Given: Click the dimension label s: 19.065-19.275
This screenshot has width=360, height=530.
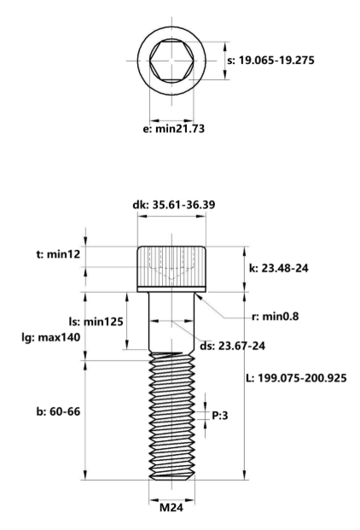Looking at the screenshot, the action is coord(270,61).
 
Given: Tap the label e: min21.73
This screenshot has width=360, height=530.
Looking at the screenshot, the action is coord(173,129).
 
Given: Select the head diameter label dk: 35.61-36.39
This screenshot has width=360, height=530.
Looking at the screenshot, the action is coord(173,205).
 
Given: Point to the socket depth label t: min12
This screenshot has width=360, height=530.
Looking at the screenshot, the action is coord(58,253).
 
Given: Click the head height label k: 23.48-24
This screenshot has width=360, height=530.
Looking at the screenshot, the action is coord(279,268).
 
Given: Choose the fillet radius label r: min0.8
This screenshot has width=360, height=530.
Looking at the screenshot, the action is coord(276,317).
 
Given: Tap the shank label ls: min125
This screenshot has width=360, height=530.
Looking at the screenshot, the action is coord(96,322).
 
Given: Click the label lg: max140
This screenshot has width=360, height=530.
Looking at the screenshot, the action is coord(51,337).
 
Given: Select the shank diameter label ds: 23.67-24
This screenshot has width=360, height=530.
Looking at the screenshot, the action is coord(232,346).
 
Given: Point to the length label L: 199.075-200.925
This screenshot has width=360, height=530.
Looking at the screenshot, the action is coord(296,378).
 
